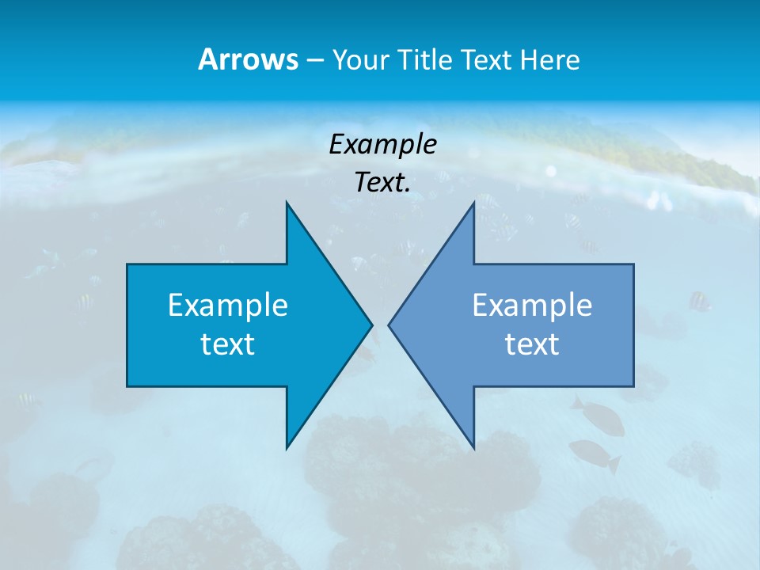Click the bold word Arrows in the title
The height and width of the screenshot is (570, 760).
pyautogui.click(x=248, y=59)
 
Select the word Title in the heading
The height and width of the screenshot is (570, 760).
pyautogui.click(x=424, y=60)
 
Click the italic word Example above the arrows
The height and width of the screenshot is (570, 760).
pyautogui.click(x=382, y=145)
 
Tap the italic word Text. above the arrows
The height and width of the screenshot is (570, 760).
pyautogui.click(x=382, y=183)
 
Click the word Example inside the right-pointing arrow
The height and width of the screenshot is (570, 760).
pyautogui.click(x=228, y=305)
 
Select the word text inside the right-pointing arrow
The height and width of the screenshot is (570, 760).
pyautogui.click(x=228, y=344)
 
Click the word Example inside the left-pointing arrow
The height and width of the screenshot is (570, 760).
pyautogui.click(x=532, y=305)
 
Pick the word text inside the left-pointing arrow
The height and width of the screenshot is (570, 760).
pyautogui.click(x=532, y=344)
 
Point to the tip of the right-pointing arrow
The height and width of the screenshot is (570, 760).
pyautogui.click(x=371, y=325)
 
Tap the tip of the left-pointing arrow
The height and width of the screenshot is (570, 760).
pyautogui.click(x=389, y=325)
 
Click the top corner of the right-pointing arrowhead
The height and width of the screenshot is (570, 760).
pyautogui.click(x=287, y=203)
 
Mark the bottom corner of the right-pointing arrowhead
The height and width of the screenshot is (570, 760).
pyautogui.click(x=287, y=448)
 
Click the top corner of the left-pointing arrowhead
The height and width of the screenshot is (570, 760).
pyautogui.click(x=473, y=203)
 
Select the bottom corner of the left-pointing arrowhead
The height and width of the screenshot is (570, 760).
pyautogui.click(x=473, y=448)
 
